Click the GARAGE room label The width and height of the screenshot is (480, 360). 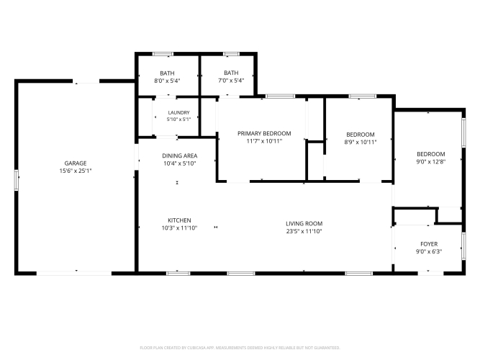coord(76,163)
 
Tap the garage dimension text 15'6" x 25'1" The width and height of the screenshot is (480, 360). coord(76,171)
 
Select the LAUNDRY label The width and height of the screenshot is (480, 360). coord(178,113)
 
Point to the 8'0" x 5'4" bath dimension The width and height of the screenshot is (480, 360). coord(167,81)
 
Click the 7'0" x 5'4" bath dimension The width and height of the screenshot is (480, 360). coord(231,81)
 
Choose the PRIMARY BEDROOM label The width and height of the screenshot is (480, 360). coord(264,134)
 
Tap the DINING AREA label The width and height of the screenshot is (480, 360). coord(180,156)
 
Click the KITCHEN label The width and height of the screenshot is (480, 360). coord(179,220)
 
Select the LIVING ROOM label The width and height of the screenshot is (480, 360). coord(304,224)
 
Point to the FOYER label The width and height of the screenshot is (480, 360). coord(429,244)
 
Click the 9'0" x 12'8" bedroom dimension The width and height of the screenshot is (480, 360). coord(431,162)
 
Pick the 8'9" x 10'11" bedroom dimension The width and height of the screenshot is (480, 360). coord(361,142)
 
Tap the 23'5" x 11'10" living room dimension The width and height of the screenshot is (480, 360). coord(304,231)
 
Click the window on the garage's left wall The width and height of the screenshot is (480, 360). coord(17,180)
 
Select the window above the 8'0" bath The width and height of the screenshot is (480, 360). coord(163,54)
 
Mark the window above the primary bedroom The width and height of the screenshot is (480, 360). coord(280,96)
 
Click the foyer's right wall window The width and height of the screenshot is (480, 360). coord(463,246)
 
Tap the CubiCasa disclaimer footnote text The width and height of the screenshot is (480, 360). coord(240,348)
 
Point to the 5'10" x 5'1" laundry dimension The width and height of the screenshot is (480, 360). coord(178,120)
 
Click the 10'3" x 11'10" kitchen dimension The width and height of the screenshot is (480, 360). coord(179,228)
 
